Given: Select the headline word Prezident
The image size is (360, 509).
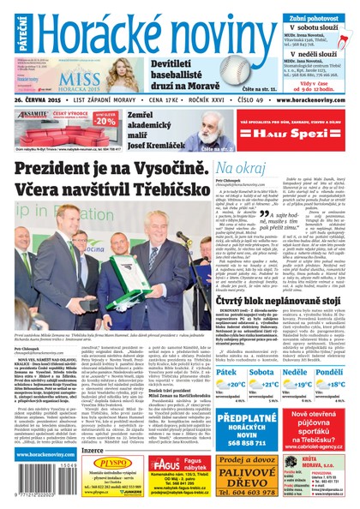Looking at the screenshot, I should tap(56, 170).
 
